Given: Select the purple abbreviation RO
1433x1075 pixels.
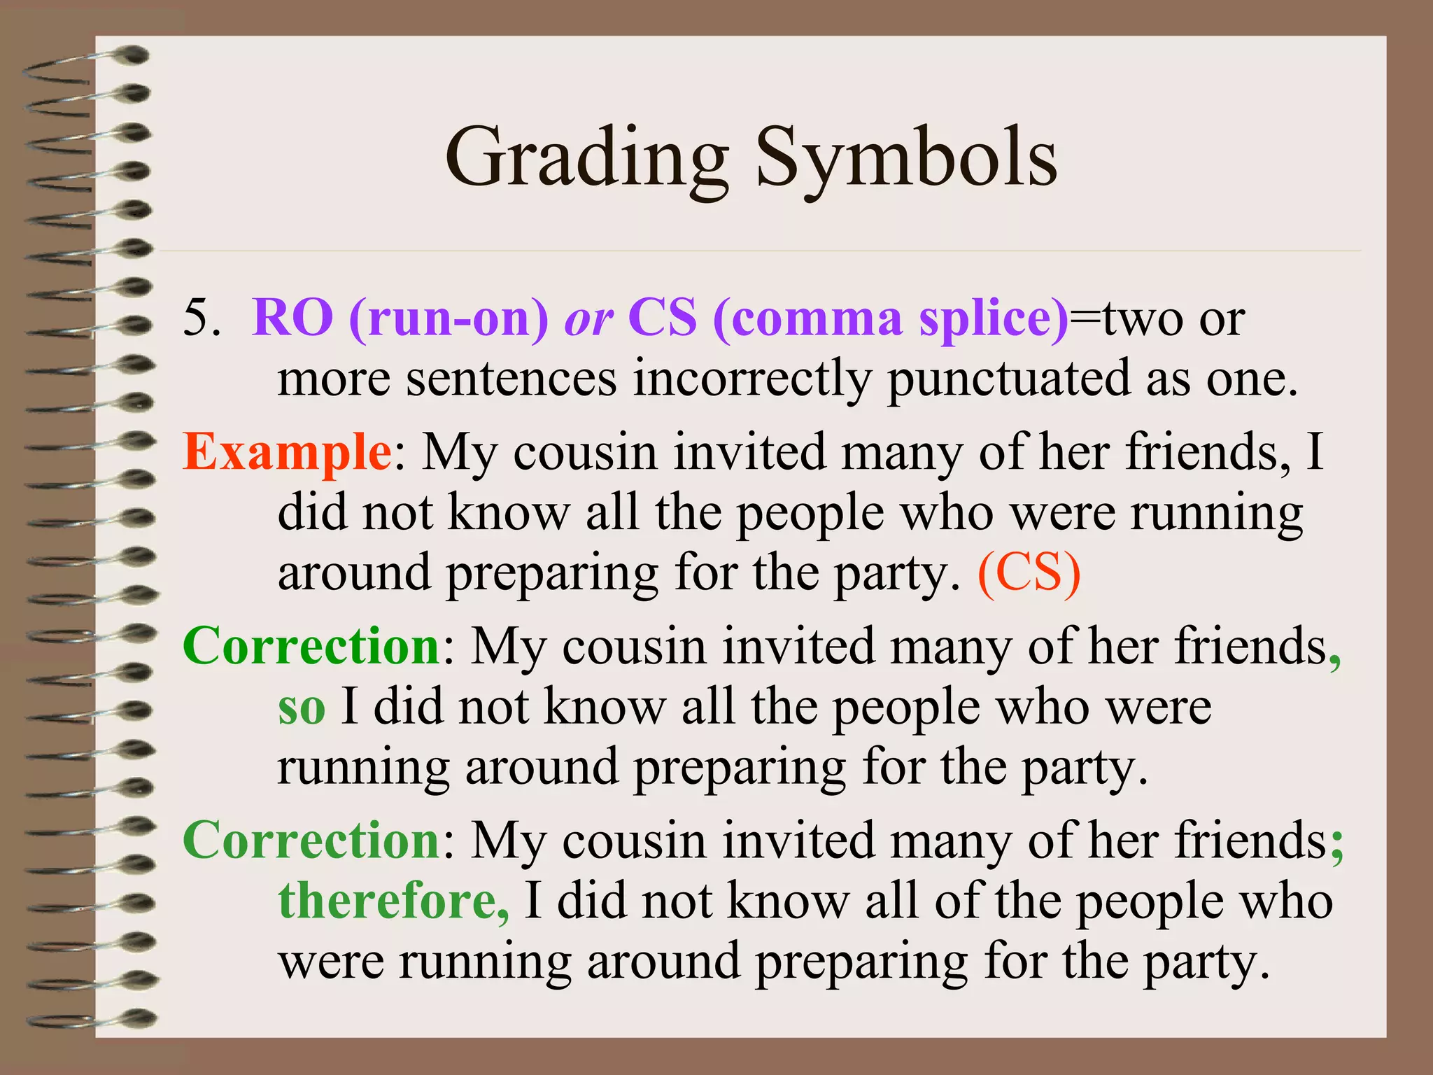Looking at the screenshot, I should [292, 318].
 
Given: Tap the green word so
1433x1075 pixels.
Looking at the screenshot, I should [302, 708].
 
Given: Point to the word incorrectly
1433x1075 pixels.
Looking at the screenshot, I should [752, 379].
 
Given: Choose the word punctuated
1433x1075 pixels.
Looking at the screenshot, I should [1008, 379].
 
